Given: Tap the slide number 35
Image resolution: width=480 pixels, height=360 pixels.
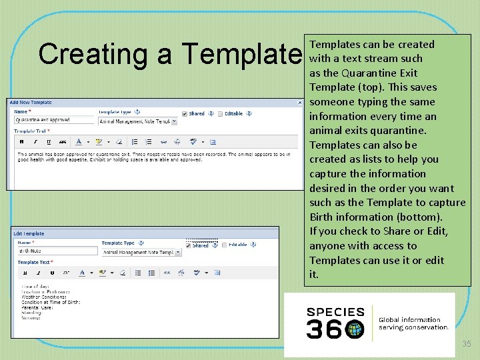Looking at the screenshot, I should tap(467, 344).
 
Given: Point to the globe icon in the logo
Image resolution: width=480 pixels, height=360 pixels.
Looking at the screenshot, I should tap(355, 329).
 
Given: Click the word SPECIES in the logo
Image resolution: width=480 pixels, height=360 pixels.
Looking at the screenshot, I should tap(335, 311).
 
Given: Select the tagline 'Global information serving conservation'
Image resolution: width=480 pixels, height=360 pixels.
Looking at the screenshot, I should tap(413, 323).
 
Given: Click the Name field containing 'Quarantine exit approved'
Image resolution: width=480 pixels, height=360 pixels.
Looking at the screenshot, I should tap(55, 121).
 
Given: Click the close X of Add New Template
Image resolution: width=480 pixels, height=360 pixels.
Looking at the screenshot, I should tap(299, 103).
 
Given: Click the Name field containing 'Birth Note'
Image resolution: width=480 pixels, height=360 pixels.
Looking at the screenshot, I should tap(57, 251).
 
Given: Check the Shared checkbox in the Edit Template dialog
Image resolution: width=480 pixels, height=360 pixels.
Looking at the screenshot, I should tap(188, 245).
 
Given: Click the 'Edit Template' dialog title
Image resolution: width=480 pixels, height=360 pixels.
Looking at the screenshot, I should tap(29, 234).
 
